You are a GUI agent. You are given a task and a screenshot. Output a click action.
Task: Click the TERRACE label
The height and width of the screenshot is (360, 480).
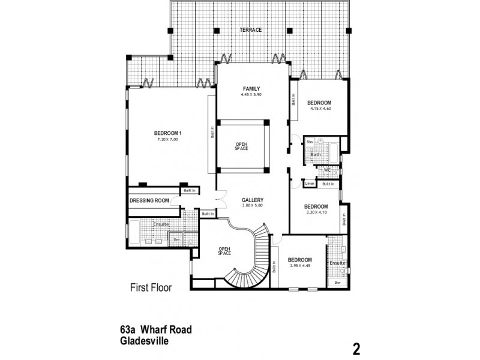(250, 29)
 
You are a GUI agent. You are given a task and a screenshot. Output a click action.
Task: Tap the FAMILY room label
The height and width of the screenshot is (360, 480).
(251, 89)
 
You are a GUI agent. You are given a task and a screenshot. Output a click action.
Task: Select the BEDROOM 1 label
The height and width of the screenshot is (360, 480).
(167, 133)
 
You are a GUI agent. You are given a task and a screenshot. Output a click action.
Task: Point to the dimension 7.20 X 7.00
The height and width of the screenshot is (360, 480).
(167, 139)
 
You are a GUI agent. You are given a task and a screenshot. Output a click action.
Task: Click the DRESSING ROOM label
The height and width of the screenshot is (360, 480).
(149, 200)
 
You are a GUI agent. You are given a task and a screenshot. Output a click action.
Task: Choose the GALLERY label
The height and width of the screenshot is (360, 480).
(253, 200)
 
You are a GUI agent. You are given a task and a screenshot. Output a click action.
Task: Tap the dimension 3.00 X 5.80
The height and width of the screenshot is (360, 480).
(253, 206)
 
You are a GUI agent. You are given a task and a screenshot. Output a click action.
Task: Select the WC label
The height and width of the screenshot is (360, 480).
(327, 170)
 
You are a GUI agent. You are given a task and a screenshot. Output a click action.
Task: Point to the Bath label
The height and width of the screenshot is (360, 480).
(316, 155)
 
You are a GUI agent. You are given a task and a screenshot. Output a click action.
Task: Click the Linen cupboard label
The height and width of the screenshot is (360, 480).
(310, 184)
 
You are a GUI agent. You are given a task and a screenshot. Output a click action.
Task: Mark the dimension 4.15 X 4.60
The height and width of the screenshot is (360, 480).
(320, 109)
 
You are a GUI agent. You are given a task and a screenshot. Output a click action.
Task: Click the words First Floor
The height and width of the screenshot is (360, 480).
(151, 287)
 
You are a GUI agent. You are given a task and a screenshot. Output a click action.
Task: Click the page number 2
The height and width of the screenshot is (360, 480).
(356, 348)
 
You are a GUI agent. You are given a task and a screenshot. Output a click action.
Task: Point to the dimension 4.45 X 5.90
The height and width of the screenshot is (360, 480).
(251, 95)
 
